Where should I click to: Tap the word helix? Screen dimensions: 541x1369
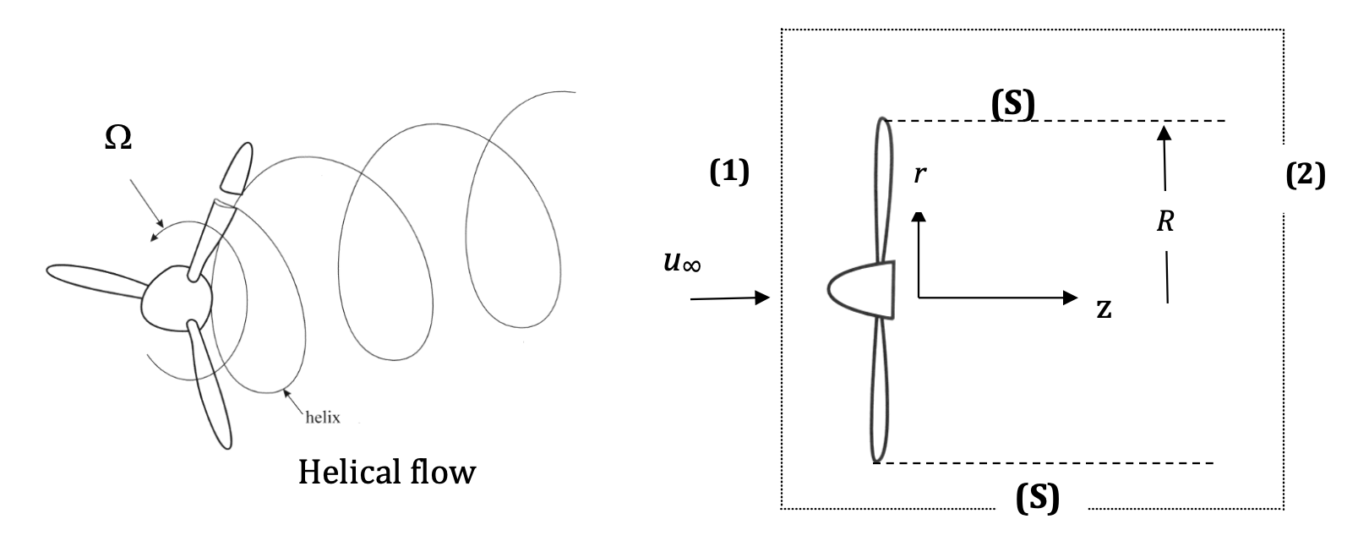322,416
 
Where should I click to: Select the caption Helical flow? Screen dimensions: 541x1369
386,472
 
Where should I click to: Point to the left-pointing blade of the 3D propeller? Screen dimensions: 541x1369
93,282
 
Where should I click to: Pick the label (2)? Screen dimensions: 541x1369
1305,175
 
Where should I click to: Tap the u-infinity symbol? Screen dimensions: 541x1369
683,264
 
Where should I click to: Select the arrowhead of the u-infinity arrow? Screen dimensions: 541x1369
763,298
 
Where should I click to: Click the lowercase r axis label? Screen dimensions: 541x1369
921,175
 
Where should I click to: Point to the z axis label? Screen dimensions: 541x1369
1104,310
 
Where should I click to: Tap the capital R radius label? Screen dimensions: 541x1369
1166,222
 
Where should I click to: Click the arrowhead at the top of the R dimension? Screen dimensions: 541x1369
1164,131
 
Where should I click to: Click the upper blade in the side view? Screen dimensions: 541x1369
882,186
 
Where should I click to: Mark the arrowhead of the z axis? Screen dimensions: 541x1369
1071,298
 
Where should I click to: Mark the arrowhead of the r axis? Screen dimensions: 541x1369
919,216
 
